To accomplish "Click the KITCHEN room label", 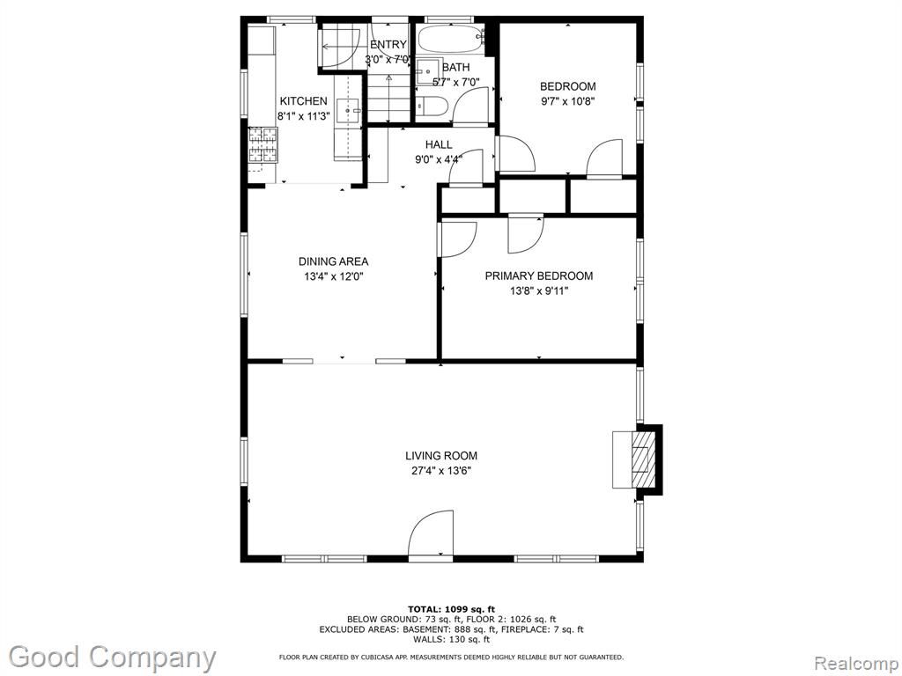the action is pos(303,101).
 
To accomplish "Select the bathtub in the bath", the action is pos(451,39).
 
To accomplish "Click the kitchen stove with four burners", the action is pos(262,143).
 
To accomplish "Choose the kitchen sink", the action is pos(348,111).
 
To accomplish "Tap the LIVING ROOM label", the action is pos(441,456).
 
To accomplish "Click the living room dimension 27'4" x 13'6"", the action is pos(441,471).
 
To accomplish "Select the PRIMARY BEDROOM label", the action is pos(539,276).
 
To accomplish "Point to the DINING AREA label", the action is pos(333,261).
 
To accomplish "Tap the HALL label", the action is pos(439,145).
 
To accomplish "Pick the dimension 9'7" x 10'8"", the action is pos(567,102).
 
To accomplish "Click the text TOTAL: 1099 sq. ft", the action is pos(451,609).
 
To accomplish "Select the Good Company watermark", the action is pos(112,657).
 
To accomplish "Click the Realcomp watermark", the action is pos(856,664).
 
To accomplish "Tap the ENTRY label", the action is pos(388,44).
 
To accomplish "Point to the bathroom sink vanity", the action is pos(428,71).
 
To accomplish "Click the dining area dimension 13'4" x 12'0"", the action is pos(334,276).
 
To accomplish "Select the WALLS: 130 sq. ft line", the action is pos(451,639).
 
